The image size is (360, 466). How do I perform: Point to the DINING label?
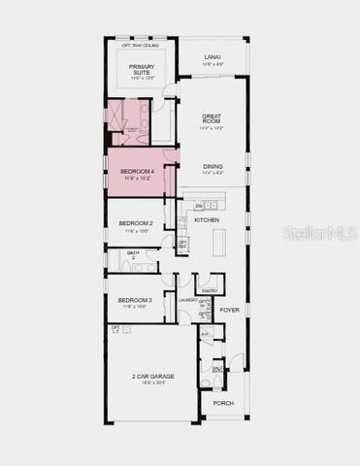click(x=213, y=166)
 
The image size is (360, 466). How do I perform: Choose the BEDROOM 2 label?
click(x=136, y=223)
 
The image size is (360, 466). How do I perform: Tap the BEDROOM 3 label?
click(x=136, y=301)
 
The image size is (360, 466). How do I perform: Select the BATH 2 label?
click(x=134, y=255)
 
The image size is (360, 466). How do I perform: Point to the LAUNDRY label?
click(x=188, y=301)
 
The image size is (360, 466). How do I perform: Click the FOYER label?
click(x=229, y=310)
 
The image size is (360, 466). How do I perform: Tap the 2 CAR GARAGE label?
click(x=150, y=377)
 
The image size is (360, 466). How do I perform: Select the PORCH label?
click(x=223, y=403)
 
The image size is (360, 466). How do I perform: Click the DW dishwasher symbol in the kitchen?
click(x=200, y=206)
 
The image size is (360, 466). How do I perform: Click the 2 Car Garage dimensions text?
click(x=150, y=383)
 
